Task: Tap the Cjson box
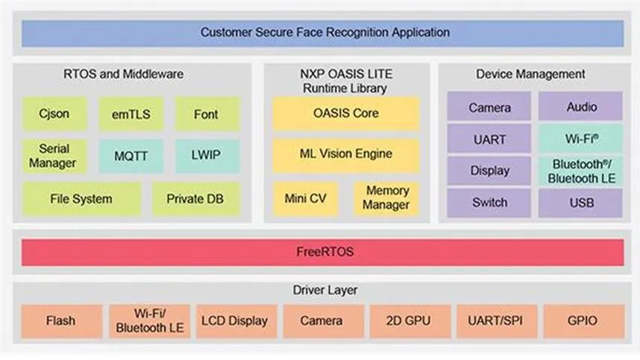click(54, 114)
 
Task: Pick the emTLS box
click(131, 114)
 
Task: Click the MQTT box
click(131, 157)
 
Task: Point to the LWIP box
click(206, 157)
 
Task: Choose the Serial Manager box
click(54, 157)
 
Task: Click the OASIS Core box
click(346, 113)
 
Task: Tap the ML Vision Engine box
click(346, 154)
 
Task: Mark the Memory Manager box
click(386, 199)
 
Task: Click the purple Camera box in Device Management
click(489, 107)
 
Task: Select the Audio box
click(581, 107)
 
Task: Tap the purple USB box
click(581, 202)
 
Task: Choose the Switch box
click(489, 202)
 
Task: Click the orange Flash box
click(60, 321)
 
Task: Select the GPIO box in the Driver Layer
click(582, 321)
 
